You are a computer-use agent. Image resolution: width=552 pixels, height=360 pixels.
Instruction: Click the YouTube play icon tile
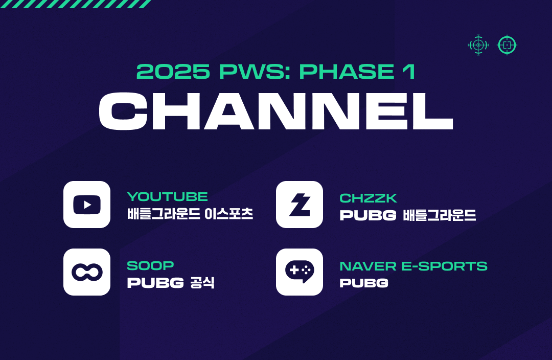[x=86, y=205]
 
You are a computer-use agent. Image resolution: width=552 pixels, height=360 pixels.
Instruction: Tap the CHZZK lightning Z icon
[x=299, y=205]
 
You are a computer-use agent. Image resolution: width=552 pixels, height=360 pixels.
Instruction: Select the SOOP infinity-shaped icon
[x=86, y=272]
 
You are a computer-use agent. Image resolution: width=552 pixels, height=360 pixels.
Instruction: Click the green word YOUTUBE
[x=168, y=196]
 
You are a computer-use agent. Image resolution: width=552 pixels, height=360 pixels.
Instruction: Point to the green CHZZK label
[x=368, y=198]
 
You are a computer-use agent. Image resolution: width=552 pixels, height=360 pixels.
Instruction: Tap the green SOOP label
[x=150, y=265]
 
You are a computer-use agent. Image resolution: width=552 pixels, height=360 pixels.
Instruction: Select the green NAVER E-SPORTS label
[x=413, y=266]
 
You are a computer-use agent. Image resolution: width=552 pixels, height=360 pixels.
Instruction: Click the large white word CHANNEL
[x=276, y=111]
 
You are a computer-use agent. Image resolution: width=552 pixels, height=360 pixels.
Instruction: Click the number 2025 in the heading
[x=173, y=72]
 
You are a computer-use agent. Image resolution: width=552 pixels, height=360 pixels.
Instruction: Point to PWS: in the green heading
[x=255, y=72]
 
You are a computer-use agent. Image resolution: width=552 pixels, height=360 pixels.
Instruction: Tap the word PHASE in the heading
[x=347, y=72]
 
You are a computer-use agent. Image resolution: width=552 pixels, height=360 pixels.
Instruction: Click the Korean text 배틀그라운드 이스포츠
[x=190, y=214]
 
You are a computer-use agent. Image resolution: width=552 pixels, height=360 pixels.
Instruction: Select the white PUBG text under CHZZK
[x=368, y=215]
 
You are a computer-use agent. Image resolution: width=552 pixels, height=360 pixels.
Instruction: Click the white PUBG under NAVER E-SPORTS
[x=364, y=283]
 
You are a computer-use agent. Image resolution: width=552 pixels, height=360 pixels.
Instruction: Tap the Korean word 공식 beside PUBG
[x=202, y=282]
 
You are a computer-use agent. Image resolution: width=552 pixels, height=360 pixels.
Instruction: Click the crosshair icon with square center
[x=507, y=45]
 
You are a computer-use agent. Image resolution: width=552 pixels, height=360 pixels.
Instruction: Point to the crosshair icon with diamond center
[x=478, y=45]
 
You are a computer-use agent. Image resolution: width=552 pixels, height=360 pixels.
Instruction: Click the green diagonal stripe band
[x=76, y=4]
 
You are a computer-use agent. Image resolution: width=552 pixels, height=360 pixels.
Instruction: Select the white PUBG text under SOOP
[x=155, y=283]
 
